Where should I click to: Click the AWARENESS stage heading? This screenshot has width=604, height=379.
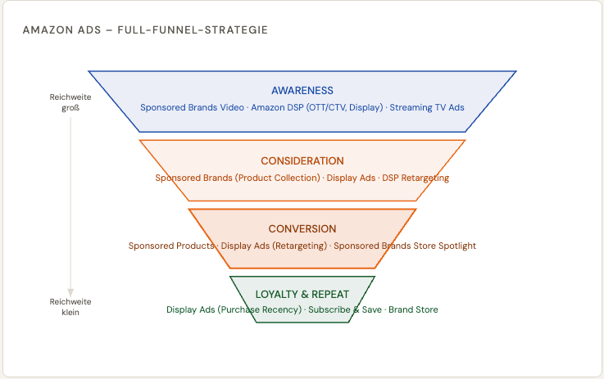[302, 91]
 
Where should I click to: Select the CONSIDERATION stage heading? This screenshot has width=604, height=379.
[302, 161]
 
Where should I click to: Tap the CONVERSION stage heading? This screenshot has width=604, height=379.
[302, 229]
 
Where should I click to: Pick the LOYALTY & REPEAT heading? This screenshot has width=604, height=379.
[302, 294]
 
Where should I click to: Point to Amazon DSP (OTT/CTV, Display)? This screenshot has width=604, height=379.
[317, 108]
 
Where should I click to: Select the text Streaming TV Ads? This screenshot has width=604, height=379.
[427, 108]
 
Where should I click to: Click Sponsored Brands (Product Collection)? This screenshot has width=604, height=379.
[238, 178]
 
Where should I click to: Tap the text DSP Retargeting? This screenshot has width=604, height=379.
[416, 178]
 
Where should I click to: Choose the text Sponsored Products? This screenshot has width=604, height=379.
[171, 246]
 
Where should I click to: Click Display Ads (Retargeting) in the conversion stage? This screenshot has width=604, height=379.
[274, 246]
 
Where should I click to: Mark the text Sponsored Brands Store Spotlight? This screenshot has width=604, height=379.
[405, 246]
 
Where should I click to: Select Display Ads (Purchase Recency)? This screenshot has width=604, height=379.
[234, 309]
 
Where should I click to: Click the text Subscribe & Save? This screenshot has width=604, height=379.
[344, 309]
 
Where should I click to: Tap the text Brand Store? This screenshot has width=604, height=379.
[413, 309]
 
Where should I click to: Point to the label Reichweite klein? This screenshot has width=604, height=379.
[70, 306]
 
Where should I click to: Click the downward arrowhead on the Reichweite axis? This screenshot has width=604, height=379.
[70, 292]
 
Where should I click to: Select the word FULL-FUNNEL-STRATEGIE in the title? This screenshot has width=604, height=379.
[194, 30]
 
